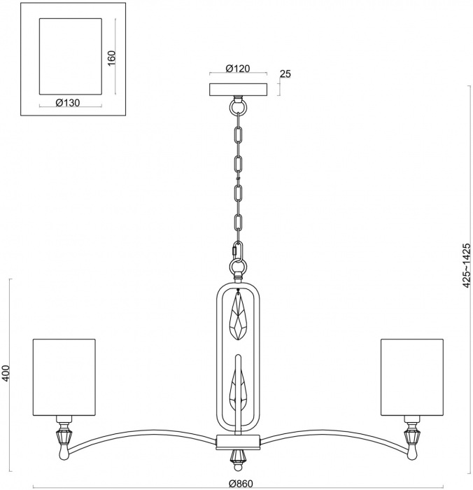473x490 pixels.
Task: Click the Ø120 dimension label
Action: point(238,69)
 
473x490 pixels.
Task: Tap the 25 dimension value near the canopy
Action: point(285,73)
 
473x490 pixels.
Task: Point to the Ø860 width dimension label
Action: point(238,483)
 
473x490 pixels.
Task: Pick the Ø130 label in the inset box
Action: point(67,102)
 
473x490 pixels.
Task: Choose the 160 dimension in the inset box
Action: point(111,57)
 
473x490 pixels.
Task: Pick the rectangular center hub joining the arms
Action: point(239,442)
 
